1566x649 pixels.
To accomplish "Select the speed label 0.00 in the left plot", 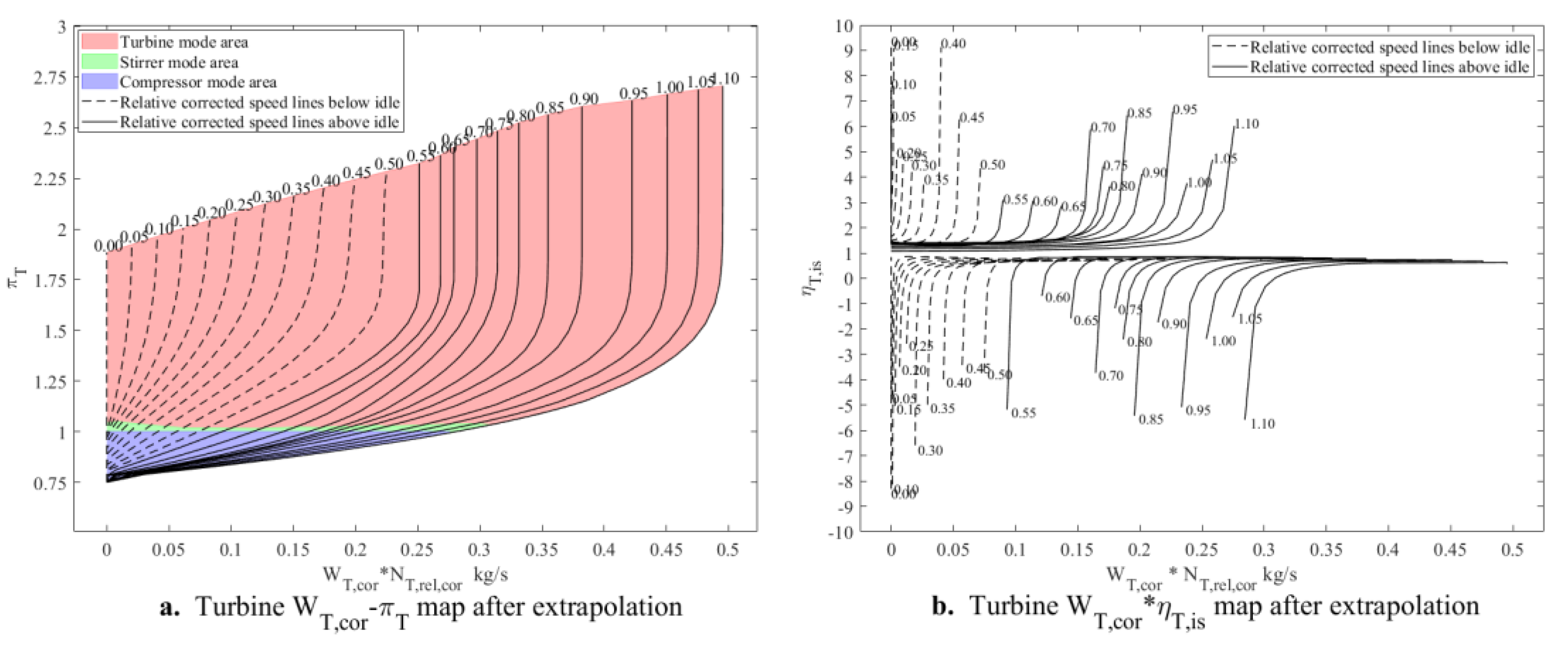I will [x=108, y=246].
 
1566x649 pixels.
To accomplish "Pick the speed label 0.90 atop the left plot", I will [x=584, y=99].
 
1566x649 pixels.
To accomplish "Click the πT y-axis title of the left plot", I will [x=18, y=280].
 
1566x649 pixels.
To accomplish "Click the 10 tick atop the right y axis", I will [x=845, y=26].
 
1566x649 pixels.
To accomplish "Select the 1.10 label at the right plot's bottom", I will [x=1263, y=424].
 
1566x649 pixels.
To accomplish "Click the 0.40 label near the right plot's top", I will [x=953, y=44].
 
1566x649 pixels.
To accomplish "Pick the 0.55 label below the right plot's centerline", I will [x=1023, y=412].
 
